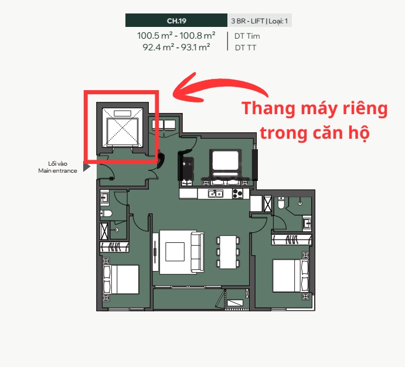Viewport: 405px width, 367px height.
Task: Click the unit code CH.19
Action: [176, 21]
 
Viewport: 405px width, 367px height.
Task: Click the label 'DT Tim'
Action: [247, 36]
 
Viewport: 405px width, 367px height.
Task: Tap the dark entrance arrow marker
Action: [87, 167]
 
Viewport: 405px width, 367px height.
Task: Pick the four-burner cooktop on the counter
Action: [237, 194]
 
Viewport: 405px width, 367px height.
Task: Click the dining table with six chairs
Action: [227, 251]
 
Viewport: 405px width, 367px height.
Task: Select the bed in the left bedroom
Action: [122, 280]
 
